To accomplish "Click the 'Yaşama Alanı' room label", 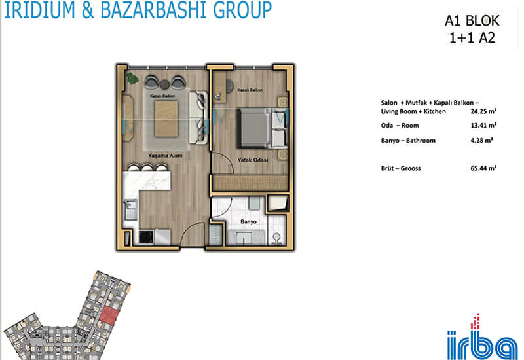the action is [x=165, y=156].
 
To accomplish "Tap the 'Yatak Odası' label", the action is [x=253, y=160].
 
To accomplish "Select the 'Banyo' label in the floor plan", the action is [x=248, y=221].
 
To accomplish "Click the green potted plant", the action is [x=132, y=79].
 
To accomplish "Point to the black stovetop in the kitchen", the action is [x=146, y=238].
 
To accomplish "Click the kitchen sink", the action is [x=130, y=209].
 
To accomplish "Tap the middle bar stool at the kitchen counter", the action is [x=147, y=168].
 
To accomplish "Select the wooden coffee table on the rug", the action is [x=166, y=119].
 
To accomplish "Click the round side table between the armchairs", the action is [x=164, y=84].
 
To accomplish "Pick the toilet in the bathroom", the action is [x=276, y=239].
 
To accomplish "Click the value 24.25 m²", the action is [x=483, y=111].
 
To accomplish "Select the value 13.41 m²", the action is [x=483, y=126].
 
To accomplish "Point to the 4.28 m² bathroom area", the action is [x=481, y=141].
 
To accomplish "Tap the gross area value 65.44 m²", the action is [x=483, y=168].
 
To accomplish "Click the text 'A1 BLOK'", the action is [x=472, y=21].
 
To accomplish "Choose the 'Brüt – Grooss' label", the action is [x=401, y=168].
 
